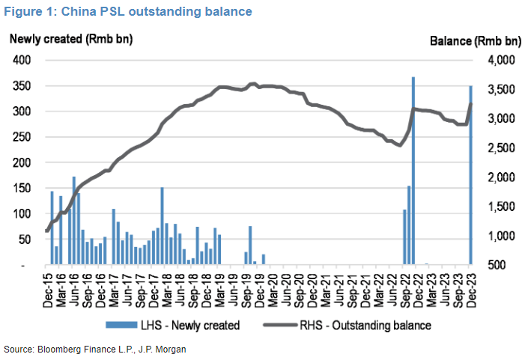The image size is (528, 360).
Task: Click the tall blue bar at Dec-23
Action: (470, 175)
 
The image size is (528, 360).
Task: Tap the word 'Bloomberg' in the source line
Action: (53, 350)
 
